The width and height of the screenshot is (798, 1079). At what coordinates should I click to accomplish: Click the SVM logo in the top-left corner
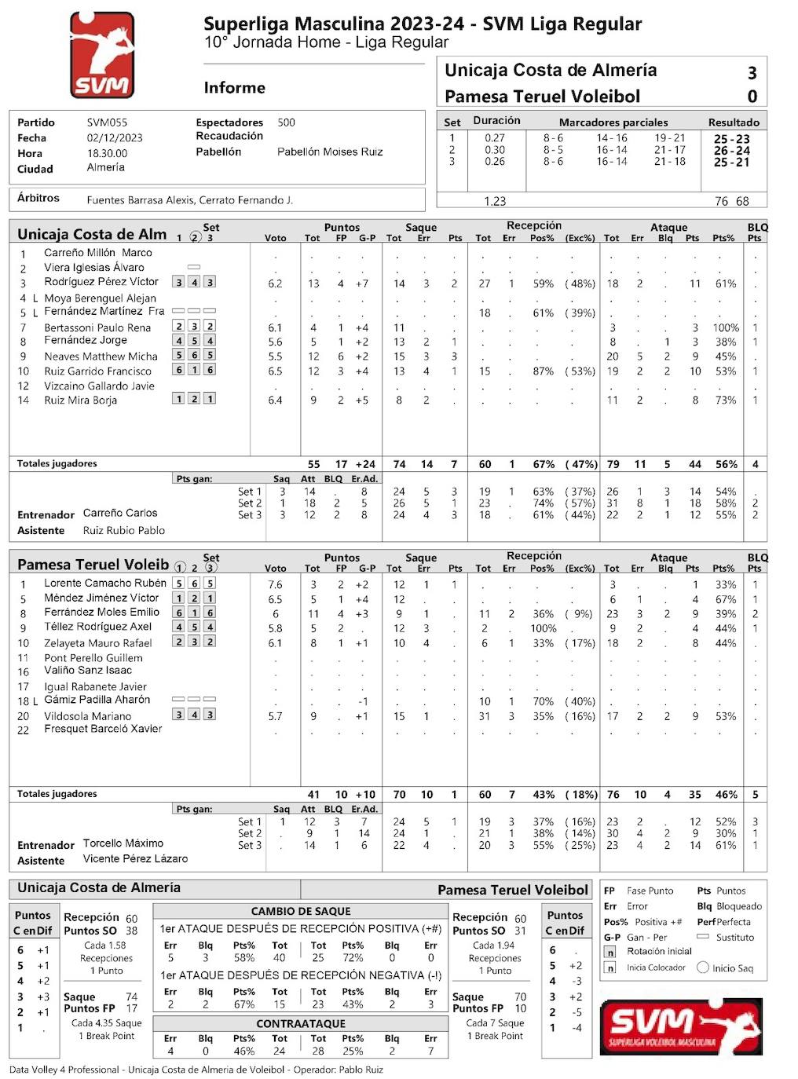102,55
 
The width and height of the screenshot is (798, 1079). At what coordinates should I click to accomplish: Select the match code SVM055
107,123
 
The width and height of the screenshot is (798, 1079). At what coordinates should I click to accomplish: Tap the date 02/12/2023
115,137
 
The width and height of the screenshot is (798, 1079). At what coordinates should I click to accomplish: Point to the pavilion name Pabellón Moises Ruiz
330,152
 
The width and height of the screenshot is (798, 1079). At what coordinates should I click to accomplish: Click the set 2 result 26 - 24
731,151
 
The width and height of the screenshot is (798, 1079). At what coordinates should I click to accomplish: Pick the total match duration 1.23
495,201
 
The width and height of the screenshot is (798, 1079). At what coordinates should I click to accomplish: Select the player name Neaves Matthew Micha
101,356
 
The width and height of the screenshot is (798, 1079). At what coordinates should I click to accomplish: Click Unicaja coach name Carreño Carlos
120,513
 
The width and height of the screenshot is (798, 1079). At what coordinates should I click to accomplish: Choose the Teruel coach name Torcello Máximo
123,843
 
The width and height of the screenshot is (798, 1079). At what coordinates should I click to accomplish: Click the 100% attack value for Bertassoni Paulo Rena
725,327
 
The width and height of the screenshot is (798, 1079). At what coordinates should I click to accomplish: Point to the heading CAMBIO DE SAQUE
301,912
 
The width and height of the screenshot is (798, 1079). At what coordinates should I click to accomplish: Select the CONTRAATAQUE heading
301,1024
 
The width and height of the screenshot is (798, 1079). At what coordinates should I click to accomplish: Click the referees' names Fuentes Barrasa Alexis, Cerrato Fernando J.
189,200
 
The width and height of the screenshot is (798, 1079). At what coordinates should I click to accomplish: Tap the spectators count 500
286,123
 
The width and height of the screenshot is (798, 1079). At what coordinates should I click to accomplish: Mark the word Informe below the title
234,88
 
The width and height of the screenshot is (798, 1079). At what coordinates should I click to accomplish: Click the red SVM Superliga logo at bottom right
680,1026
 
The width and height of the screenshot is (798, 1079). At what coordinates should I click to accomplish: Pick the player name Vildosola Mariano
87,716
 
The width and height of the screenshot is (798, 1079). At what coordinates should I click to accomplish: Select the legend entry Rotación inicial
659,951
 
